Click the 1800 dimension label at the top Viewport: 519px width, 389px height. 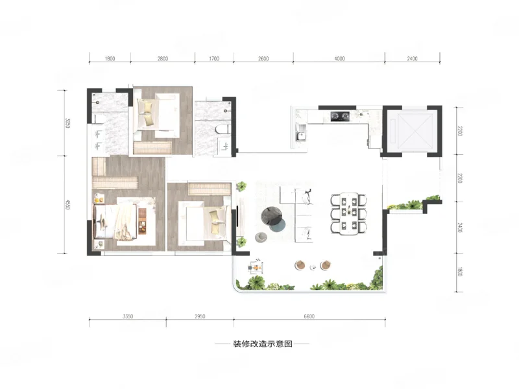click(x=110, y=58)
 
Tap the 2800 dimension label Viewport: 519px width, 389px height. click(x=163, y=58)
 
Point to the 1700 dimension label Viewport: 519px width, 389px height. click(x=214, y=58)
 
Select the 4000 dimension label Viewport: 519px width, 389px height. click(x=339, y=58)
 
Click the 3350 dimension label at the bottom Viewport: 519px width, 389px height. click(x=128, y=316)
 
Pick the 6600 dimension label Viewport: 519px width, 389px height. click(x=309, y=316)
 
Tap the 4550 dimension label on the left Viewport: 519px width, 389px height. click(x=67, y=204)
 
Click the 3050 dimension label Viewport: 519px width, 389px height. click(x=67, y=123)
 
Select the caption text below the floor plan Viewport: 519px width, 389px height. click(x=263, y=344)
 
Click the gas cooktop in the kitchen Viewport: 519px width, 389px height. click(x=340, y=116)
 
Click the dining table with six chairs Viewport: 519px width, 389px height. click(x=348, y=214)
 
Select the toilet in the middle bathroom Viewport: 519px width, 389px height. click(x=223, y=129)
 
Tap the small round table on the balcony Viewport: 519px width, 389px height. click(x=313, y=267)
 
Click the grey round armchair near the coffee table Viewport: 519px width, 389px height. click(x=261, y=237)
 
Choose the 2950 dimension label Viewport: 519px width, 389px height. click(x=200, y=316)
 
